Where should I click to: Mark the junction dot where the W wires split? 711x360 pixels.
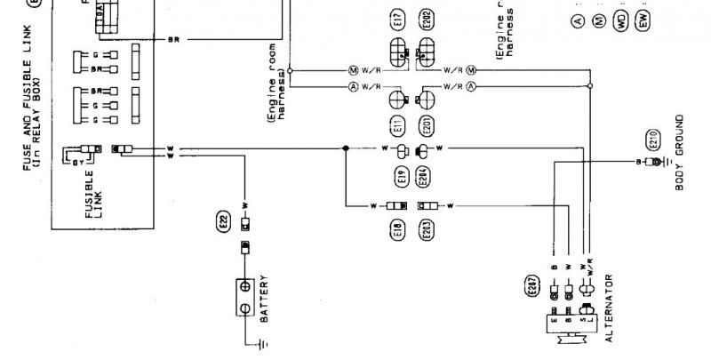click(x=345, y=148)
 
